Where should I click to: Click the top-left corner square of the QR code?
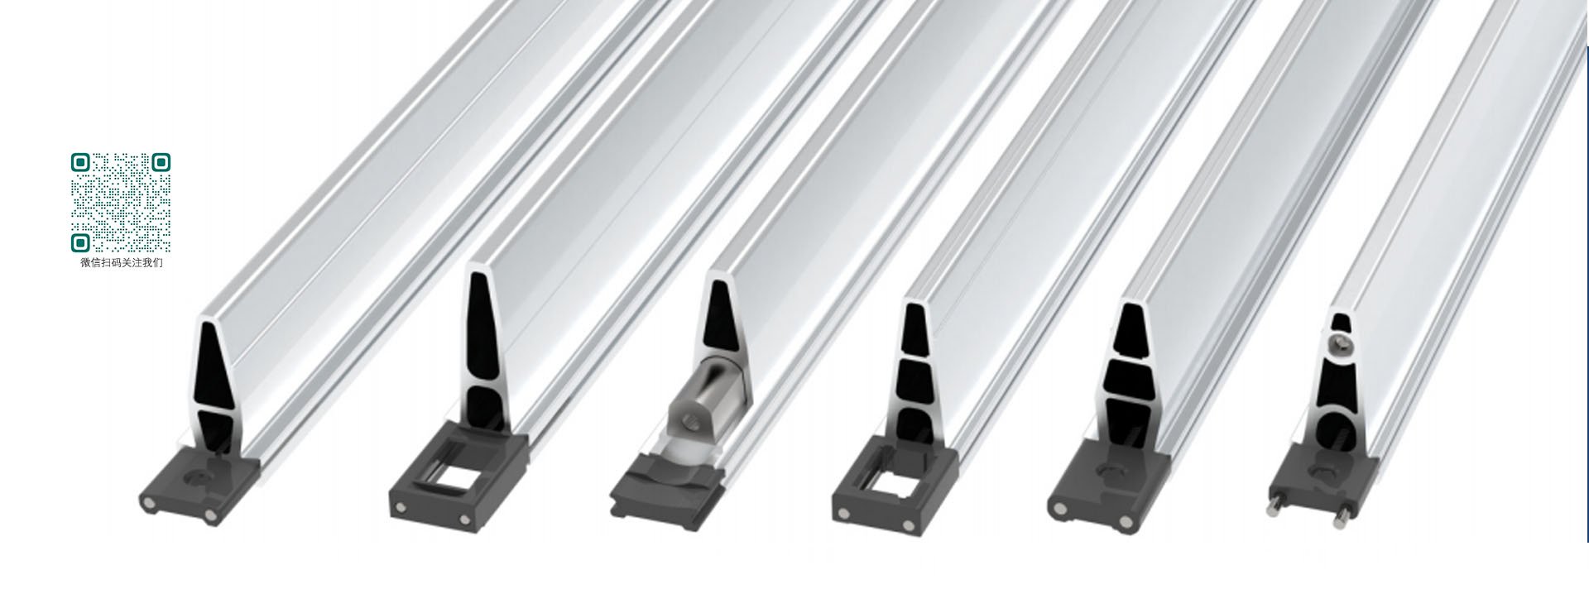(80, 162)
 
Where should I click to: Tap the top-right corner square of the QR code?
(161, 162)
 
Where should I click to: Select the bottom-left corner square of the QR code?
(80, 242)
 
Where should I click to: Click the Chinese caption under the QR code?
(122, 263)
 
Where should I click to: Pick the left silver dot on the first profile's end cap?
(150, 504)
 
